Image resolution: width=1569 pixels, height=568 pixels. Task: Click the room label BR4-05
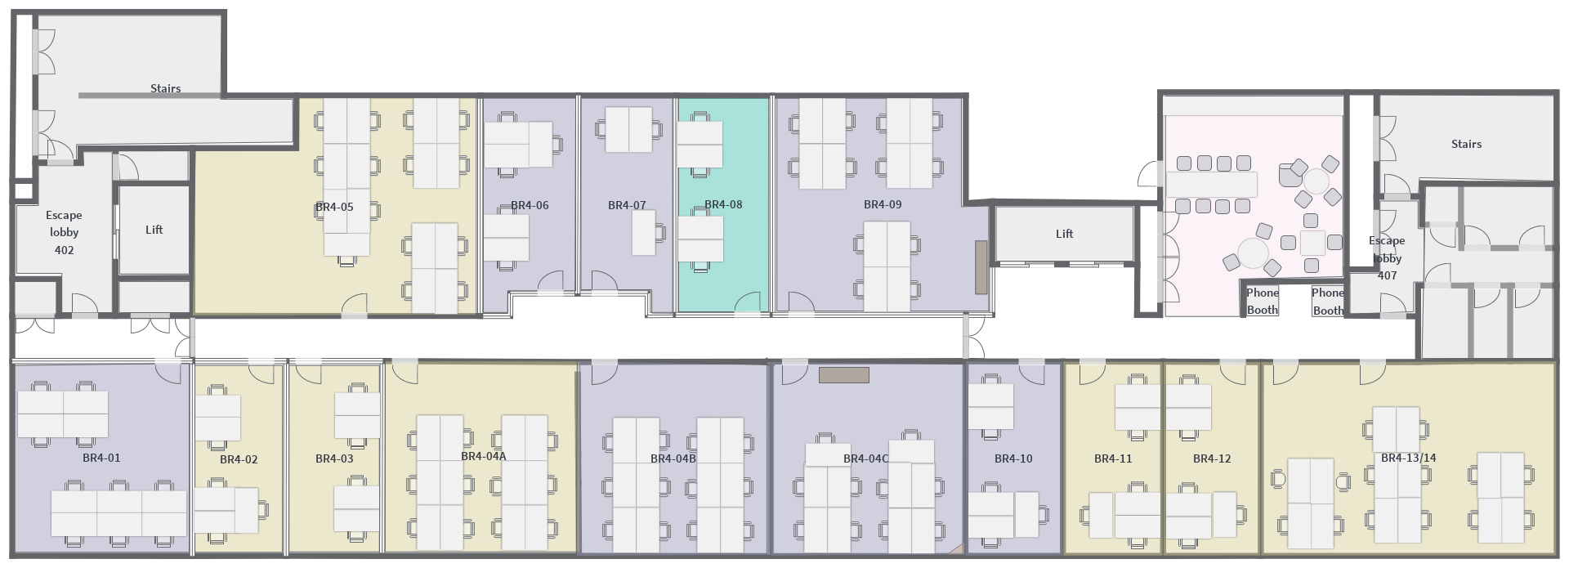pos(334,207)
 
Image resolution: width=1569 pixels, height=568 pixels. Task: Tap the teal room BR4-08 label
pos(723,204)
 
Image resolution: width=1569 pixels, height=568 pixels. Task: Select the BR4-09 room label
pos(883,204)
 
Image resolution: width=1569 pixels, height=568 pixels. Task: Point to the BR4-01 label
pos(101,458)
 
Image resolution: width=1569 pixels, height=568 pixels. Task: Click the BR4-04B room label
pos(673,458)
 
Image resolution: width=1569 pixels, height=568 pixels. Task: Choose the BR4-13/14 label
pos(1408,458)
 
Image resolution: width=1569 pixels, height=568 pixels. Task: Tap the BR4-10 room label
pos(1013,458)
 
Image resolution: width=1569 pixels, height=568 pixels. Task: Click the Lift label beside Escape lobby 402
pos(154,230)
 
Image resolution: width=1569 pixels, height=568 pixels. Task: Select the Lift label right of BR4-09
pos(1064,234)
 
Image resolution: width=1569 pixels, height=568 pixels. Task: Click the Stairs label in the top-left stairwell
pos(165,88)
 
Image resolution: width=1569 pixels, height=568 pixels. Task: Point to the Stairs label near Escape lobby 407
pos(1466,144)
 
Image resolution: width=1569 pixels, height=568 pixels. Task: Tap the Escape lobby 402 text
pos(64,232)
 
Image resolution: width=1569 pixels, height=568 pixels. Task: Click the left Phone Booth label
pos(1262,302)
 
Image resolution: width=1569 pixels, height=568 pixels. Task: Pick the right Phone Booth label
pos(1328,302)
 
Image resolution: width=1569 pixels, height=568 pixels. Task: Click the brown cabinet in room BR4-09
pos(981,267)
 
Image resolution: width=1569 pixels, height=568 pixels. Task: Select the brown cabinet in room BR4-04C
pos(844,375)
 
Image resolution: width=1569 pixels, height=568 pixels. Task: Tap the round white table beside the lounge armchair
pos(1316,181)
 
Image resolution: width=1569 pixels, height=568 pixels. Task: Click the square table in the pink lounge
pos(1312,243)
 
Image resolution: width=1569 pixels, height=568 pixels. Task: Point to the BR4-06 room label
pos(530,205)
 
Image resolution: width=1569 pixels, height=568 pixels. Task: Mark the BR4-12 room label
pos(1212,458)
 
